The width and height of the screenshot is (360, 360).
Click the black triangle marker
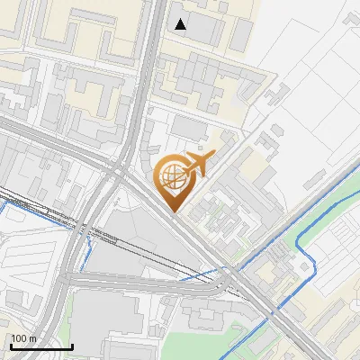pos(182,24)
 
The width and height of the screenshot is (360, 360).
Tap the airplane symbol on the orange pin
pos(195,165)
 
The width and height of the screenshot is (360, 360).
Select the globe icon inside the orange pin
pos(171,176)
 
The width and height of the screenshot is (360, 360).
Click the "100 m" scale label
pos(22,338)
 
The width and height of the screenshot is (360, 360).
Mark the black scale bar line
pos(41,346)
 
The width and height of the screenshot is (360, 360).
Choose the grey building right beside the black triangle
pos(202,29)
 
